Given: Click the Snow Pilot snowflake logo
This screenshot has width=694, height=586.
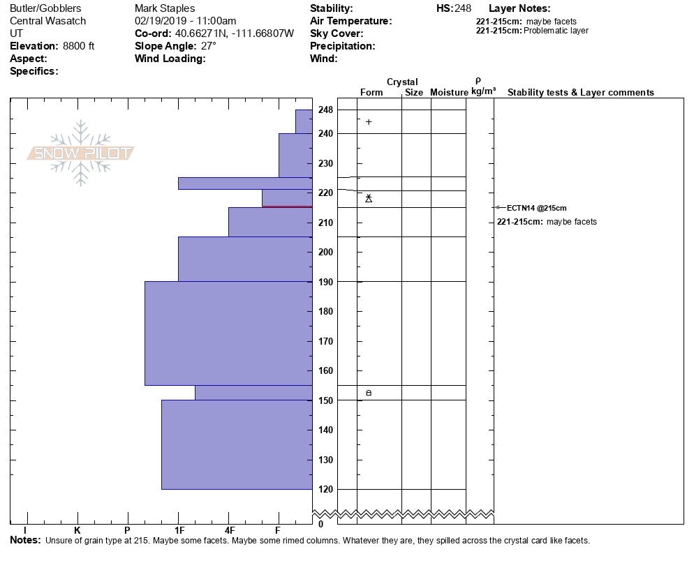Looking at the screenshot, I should pos(81,153).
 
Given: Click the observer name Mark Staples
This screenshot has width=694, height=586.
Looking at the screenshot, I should pos(164,8).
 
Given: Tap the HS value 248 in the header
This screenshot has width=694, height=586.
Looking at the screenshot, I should pos(464,8).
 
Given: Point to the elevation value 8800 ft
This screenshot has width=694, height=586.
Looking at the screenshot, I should pos(78,46).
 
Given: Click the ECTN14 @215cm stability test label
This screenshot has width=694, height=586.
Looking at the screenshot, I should pos(536,208).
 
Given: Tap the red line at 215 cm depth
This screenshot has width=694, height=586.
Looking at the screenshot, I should pos(287,206).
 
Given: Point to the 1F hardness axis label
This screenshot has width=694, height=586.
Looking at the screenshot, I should pos(178,531).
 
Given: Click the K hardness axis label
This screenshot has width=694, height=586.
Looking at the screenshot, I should pos(77,531).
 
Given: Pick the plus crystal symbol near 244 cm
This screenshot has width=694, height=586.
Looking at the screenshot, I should pos(369,122).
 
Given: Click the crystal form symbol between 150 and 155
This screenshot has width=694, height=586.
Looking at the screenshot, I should pos(369,393).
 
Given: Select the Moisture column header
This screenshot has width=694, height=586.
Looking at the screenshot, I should pos(449,93).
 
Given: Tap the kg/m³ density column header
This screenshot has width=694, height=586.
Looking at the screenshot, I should pos(483,91).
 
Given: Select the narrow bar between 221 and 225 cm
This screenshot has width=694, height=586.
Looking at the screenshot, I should pos(244,183).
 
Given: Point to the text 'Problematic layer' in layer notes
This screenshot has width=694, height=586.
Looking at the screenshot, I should pos(556,31).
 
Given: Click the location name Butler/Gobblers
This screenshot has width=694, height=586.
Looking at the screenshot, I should pos(45,8).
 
